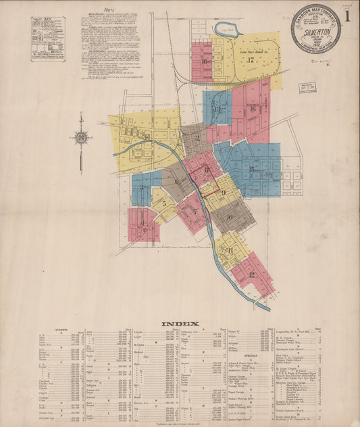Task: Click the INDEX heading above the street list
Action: (180, 324)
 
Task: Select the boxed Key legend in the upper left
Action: (48, 39)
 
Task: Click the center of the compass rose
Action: (81, 138)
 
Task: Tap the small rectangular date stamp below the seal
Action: (307, 87)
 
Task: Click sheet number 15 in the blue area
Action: (251, 169)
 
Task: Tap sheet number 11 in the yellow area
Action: (230, 251)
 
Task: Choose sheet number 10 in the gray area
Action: (230, 217)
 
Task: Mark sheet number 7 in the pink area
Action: (195, 211)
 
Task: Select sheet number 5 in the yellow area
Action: (163, 203)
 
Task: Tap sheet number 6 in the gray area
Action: (177, 181)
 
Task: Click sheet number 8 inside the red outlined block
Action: (207, 170)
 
